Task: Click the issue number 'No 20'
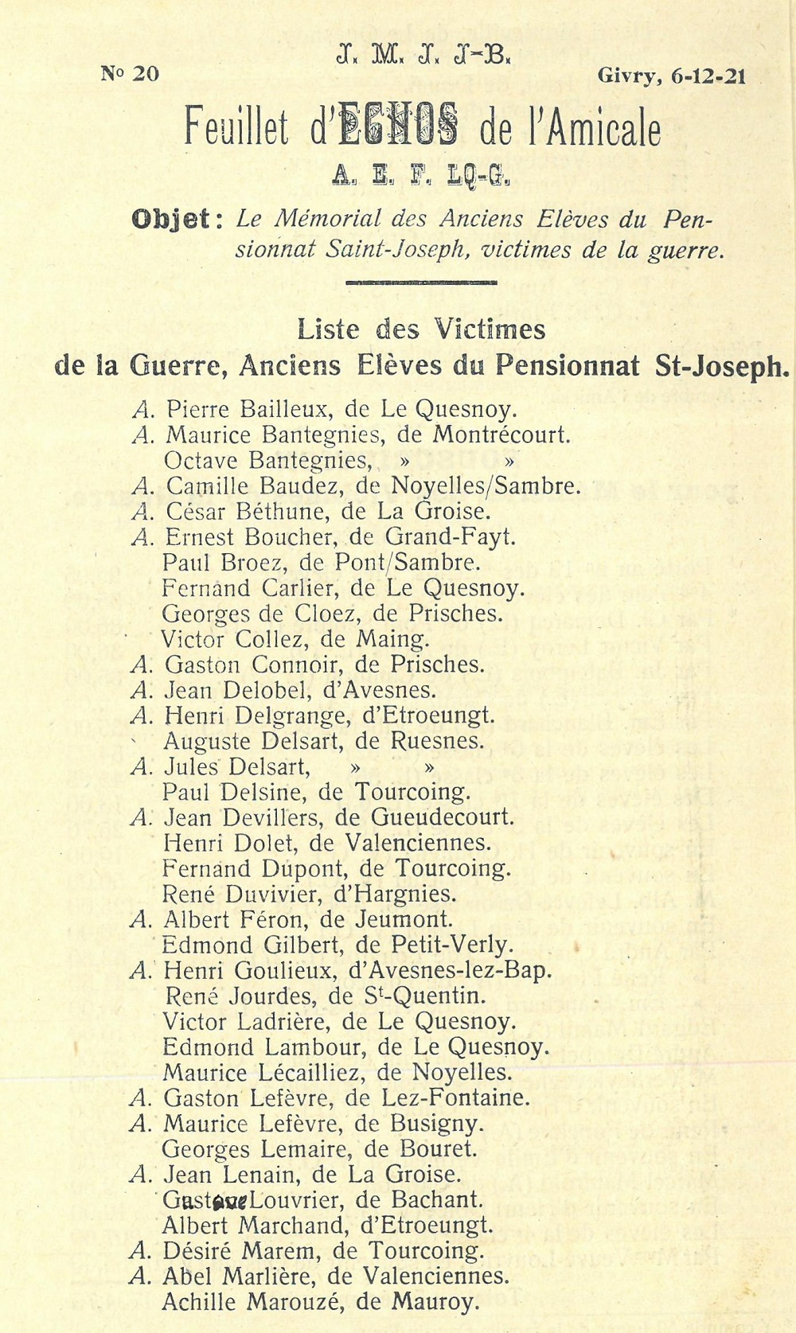tap(130, 74)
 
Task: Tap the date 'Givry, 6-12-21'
tap(671, 76)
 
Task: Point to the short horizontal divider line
tap(422, 282)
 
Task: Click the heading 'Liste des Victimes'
tap(421, 328)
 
